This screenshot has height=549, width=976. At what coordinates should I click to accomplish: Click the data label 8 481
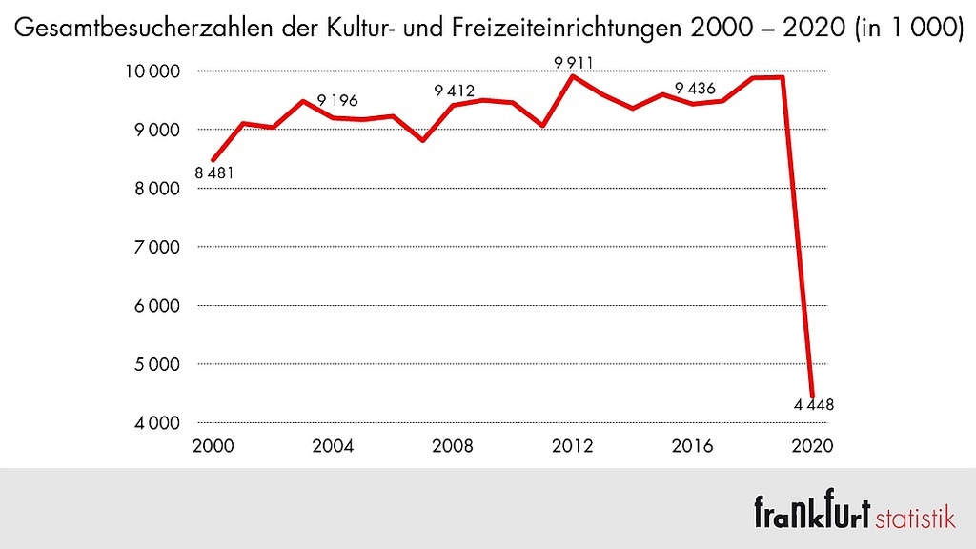(x=214, y=173)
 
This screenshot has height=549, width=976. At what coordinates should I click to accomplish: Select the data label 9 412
(x=454, y=91)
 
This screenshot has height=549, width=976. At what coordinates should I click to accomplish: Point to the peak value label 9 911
(x=574, y=64)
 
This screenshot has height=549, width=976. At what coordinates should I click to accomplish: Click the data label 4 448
(x=814, y=404)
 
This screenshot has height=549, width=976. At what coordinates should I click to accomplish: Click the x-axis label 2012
(x=573, y=446)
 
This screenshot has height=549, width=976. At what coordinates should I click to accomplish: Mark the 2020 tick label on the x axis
(x=813, y=446)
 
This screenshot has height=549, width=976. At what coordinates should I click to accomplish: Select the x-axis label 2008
(x=453, y=446)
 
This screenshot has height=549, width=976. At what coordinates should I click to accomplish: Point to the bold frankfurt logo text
(x=812, y=512)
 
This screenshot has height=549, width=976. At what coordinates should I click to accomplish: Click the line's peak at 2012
(x=573, y=75)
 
